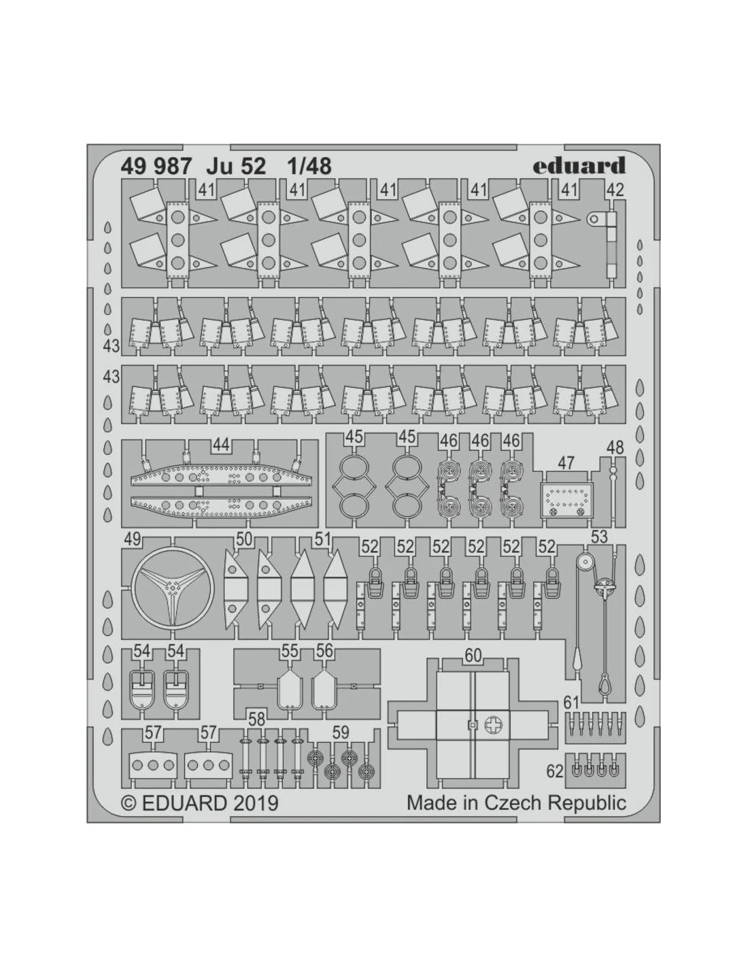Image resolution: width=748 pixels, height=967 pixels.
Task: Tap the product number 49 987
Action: tap(156, 167)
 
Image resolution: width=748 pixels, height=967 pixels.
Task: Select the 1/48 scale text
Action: tap(309, 167)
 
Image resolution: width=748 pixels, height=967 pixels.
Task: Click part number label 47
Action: tap(565, 463)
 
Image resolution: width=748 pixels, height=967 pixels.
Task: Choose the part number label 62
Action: tap(555, 771)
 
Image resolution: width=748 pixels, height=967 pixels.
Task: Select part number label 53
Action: tap(599, 537)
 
